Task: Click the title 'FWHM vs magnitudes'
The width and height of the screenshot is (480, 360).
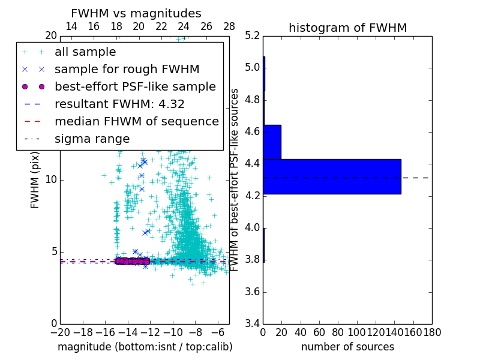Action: click(136, 13)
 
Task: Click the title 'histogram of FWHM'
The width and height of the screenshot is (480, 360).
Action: click(347, 28)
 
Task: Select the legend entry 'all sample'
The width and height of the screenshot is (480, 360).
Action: click(85, 52)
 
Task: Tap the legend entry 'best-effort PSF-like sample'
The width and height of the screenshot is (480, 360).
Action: click(135, 86)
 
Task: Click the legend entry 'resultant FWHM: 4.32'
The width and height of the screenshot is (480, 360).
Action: click(119, 104)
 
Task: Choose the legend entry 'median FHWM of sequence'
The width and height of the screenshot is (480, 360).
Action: click(136, 121)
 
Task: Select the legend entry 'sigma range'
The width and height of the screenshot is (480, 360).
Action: click(92, 139)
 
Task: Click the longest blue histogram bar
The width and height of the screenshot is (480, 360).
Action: click(332, 176)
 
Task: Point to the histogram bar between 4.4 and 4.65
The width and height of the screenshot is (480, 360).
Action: click(272, 142)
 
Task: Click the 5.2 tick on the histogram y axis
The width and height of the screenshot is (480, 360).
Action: click(252, 35)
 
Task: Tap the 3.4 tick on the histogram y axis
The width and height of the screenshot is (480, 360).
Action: click(252, 324)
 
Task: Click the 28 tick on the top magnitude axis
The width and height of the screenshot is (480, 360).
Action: click(229, 26)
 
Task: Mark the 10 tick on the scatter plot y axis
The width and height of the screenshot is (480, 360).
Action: click(51, 179)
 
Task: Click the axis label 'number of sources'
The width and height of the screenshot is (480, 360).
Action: click(347, 347)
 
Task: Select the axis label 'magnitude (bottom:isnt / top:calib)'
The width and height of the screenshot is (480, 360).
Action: click(145, 347)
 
